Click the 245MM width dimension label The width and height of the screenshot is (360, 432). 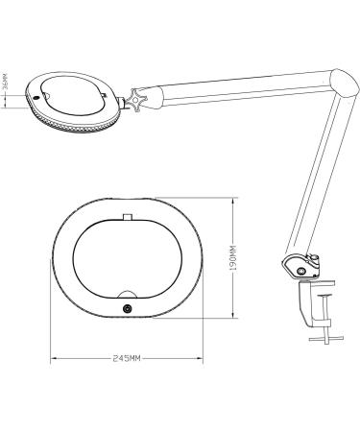[x=127, y=357]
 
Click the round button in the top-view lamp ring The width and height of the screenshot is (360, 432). [x=128, y=307]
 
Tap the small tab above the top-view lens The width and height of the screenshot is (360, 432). [x=127, y=217]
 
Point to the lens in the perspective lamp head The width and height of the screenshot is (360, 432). [x=71, y=94]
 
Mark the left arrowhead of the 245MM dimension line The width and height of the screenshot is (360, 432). [x=53, y=358]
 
